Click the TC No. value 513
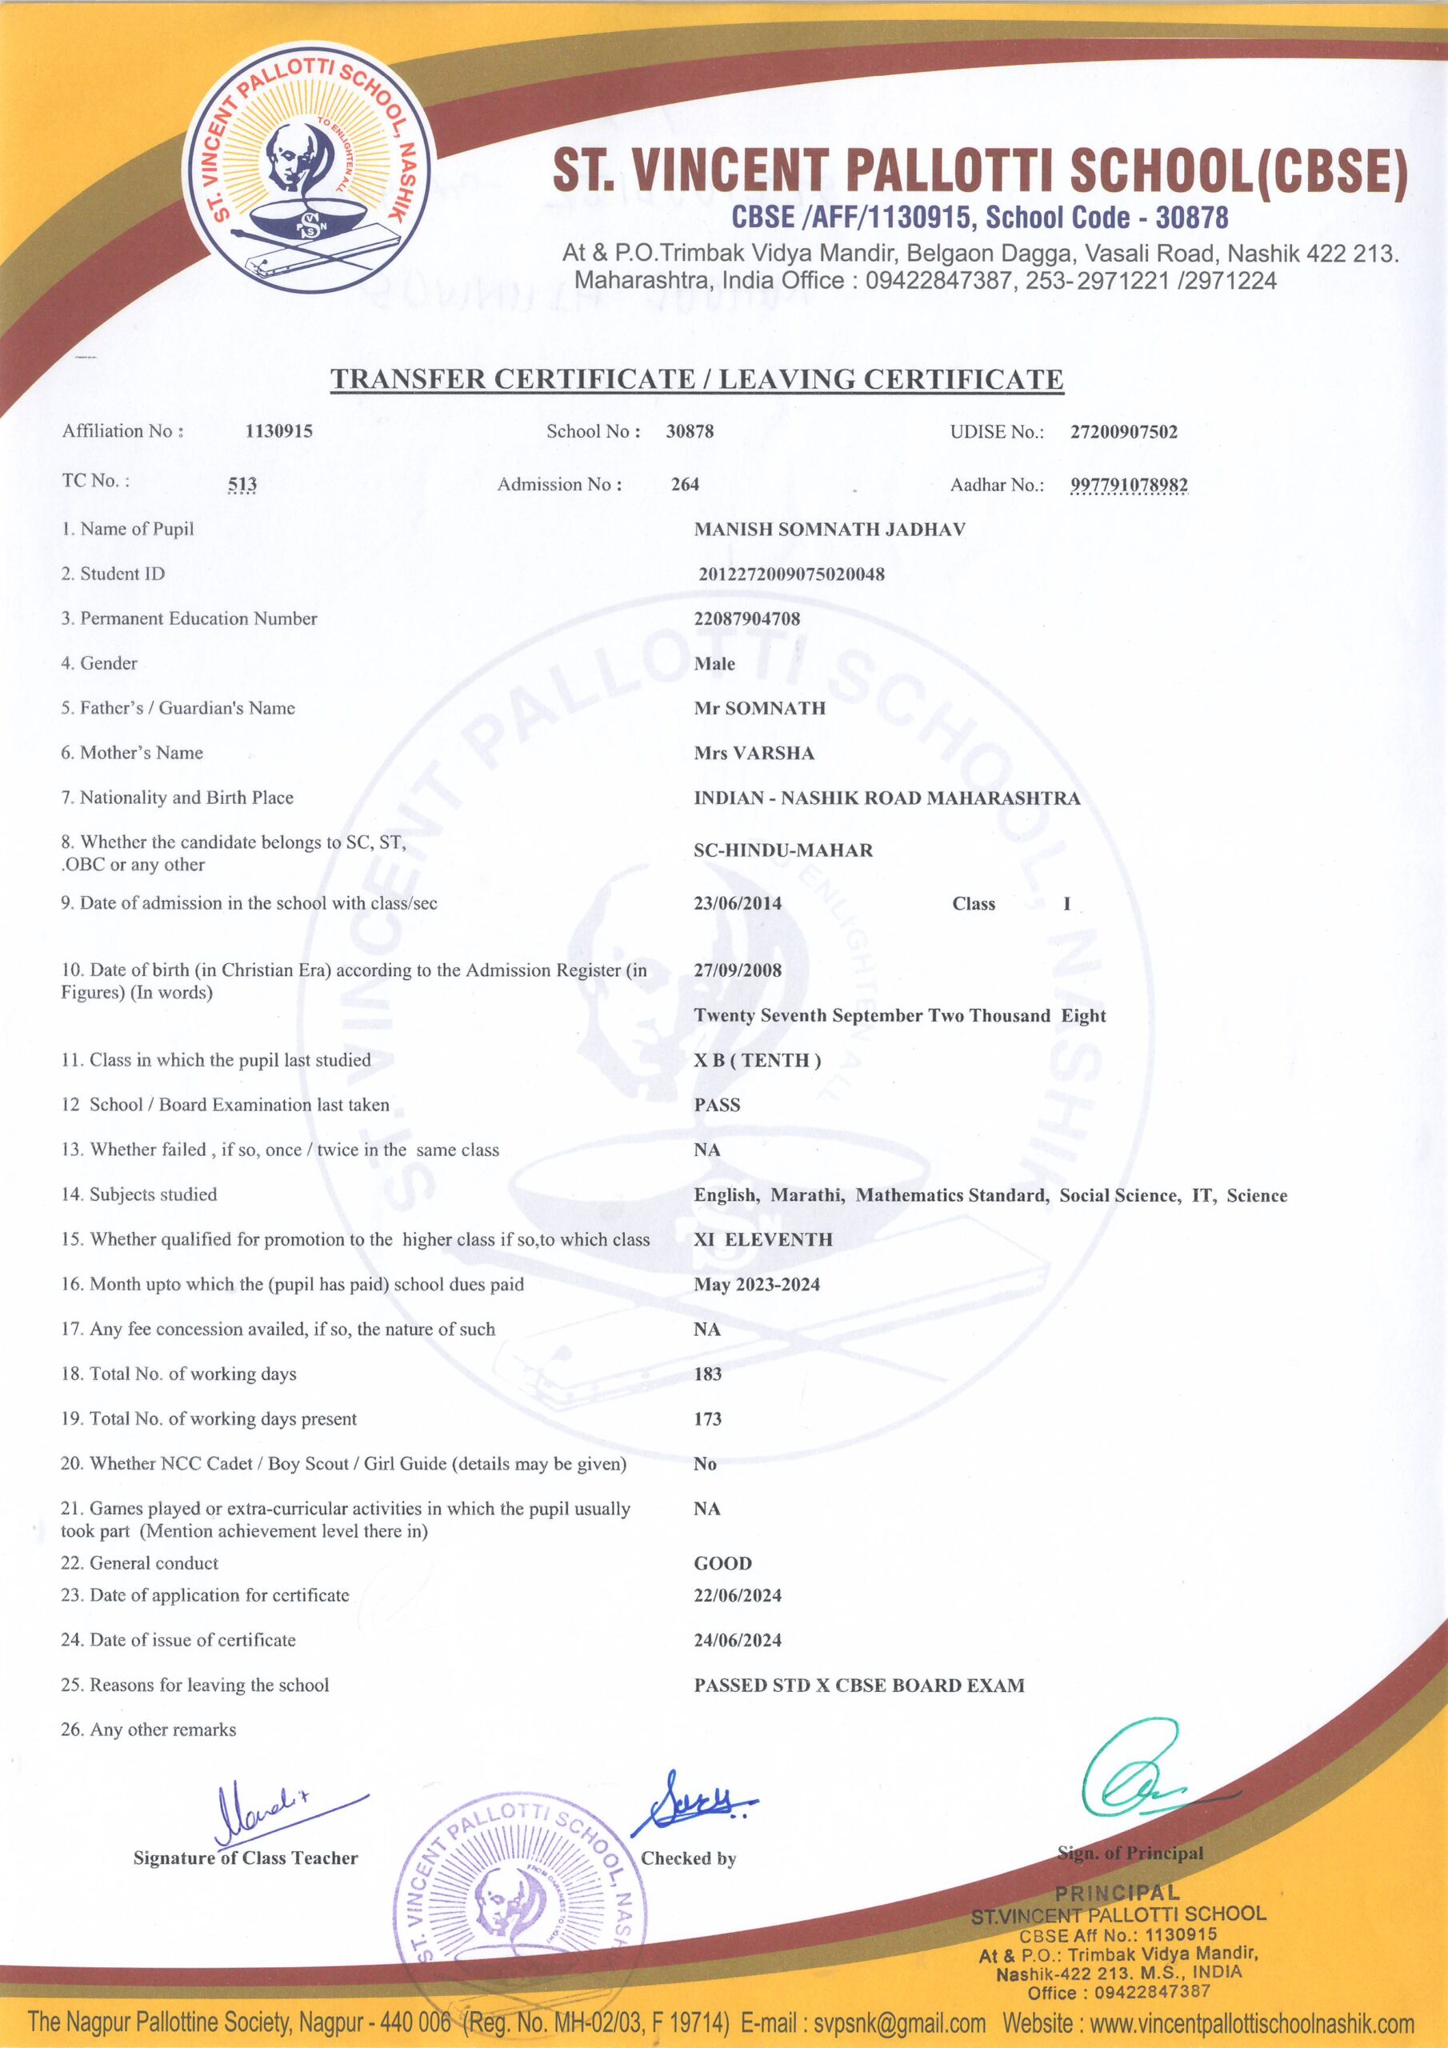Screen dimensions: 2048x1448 pos(242,484)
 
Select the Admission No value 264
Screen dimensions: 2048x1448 pos(684,484)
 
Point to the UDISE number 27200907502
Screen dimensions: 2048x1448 pos(1123,433)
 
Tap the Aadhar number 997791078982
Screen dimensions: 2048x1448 pos(1129,486)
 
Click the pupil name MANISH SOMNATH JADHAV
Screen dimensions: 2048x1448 pos(829,530)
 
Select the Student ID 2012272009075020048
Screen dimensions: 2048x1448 pos(790,574)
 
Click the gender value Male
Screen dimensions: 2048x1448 pos(714,664)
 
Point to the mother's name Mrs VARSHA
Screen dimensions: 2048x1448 pos(754,754)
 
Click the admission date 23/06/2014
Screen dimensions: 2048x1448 pos(737,903)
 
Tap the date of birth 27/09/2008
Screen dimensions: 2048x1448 pos(737,970)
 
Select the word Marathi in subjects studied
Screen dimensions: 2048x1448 pos(806,1195)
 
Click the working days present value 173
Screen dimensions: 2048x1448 pos(707,1419)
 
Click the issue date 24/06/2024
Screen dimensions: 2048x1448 pos(737,1640)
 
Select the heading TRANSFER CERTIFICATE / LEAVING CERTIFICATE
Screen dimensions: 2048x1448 pos(697,379)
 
